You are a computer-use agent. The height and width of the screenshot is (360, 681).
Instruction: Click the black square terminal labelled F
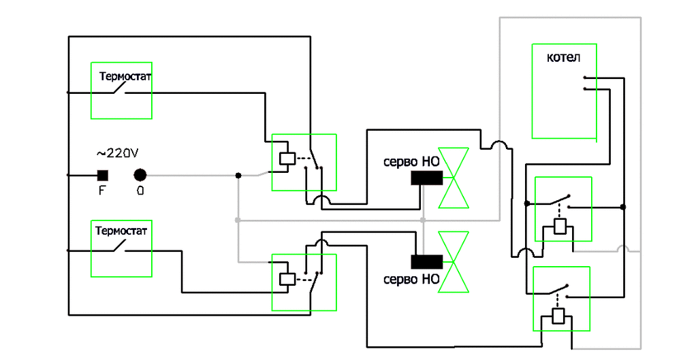pyautogui.click(x=102, y=175)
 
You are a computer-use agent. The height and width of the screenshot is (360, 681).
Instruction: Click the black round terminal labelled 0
pyautogui.click(x=140, y=175)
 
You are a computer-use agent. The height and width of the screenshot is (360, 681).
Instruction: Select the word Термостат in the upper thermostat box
pyautogui.click(x=125, y=76)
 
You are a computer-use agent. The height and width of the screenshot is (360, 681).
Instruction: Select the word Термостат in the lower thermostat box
pyautogui.click(x=121, y=231)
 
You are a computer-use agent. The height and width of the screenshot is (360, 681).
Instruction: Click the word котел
pyautogui.click(x=563, y=58)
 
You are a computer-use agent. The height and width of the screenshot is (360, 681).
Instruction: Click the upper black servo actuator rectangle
pyautogui.click(x=427, y=178)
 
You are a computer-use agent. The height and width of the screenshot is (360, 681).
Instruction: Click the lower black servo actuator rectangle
pyautogui.click(x=427, y=261)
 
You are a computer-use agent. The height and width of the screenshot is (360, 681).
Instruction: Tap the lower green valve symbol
pyautogui.click(x=454, y=261)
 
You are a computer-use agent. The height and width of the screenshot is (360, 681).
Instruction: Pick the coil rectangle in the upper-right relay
pyautogui.click(x=561, y=227)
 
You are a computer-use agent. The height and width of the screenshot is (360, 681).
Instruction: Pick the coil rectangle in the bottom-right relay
pyautogui.click(x=559, y=316)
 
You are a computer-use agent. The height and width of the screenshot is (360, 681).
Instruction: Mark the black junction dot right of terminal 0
pyautogui.click(x=238, y=176)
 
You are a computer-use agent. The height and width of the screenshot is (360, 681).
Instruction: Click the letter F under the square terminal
pyautogui.click(x=102, y=191)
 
